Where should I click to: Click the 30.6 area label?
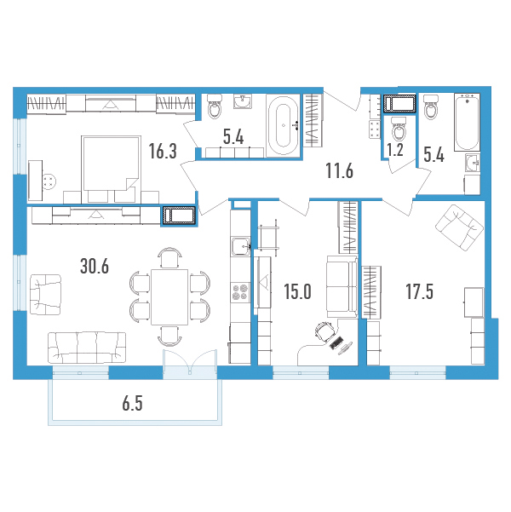tap(95, 266)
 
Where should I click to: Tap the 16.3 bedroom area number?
tap(163, 151)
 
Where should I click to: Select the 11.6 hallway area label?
tap(340, 170)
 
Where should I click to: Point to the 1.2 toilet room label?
tap(395, 150)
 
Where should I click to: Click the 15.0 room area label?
tap(297, 291)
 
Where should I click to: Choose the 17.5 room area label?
tap(420, 291)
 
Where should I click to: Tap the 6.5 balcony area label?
tap(133, 404)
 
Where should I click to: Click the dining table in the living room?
tap(169, 297)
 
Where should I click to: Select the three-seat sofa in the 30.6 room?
tap(87, 348)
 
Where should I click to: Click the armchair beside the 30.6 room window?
tap(45, 295)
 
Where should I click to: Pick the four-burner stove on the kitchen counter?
tap(240, 291)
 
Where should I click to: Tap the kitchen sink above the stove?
tap(241, 247)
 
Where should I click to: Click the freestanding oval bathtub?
tap(284, 125)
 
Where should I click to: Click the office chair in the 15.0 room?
tap(325, 331)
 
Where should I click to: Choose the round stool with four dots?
tap(49, 181)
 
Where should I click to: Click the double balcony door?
tap(190, 361)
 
